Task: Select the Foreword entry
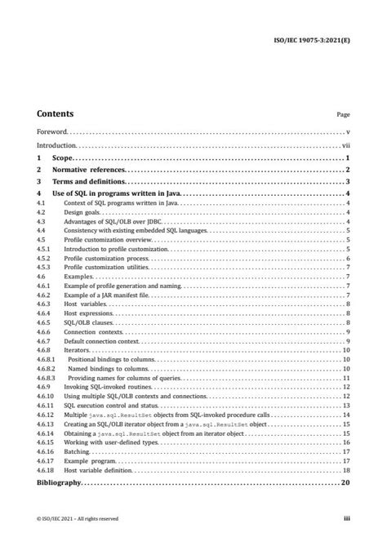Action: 52,131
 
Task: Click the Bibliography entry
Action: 59,484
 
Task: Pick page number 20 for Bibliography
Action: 345,484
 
